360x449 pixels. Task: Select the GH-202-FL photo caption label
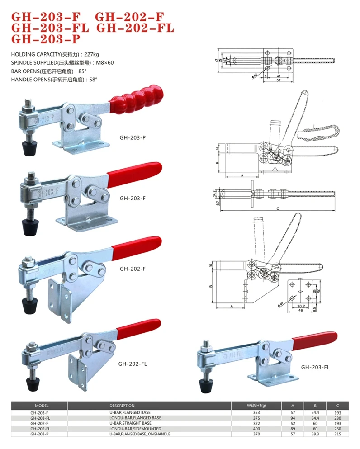[x=133, y=363]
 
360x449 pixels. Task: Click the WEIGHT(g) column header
[x=256, y=406]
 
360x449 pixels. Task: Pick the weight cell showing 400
[x=256, y=428]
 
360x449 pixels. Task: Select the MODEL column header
[x=41, y=406]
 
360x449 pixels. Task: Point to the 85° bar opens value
[x=82, y=71]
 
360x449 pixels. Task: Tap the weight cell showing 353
[x=256, y=412]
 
